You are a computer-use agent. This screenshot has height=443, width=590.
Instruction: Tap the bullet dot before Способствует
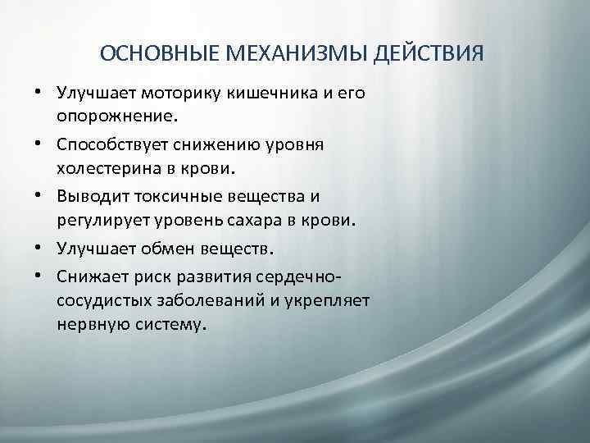[39, 144]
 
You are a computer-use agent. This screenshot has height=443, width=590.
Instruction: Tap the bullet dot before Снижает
[39, 275]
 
